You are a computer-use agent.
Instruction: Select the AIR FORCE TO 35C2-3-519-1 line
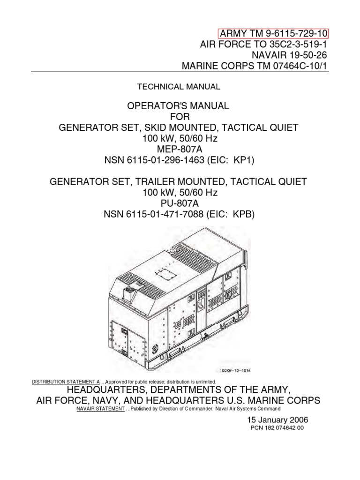264,45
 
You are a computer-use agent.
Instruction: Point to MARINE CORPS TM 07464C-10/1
255,66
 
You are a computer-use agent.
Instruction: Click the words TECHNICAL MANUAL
178,87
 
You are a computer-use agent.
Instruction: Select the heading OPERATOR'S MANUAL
178,106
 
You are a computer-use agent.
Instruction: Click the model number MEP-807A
178,149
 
